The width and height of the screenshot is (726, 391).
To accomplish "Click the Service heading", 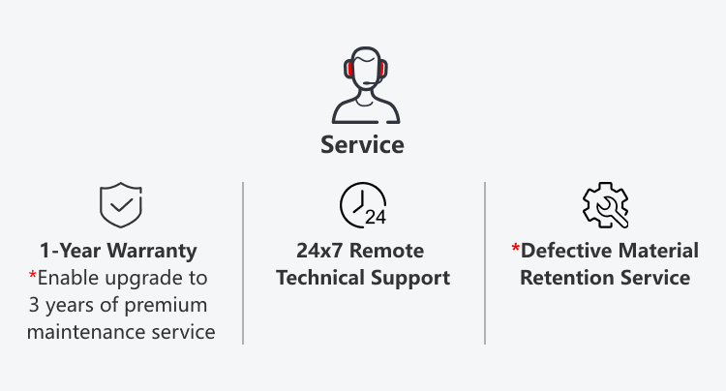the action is (363, 145).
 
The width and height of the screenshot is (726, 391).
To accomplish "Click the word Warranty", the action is (152, 252).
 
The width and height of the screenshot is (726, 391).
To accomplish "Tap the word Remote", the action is (386, 251).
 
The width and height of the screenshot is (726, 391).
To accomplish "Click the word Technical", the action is (320, 278).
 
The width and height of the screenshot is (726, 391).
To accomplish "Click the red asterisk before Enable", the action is (32, 275).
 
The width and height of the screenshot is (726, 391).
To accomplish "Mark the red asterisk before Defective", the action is (515, 248).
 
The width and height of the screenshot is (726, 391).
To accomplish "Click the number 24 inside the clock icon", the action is (376, 217).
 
